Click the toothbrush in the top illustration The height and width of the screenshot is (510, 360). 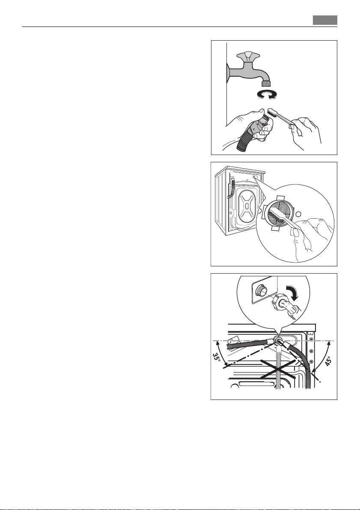280,117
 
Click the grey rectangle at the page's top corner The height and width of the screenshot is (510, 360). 325,20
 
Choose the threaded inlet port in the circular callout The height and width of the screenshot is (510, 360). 261,290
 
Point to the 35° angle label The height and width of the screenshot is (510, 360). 217,358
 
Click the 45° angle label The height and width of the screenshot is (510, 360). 329,361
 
